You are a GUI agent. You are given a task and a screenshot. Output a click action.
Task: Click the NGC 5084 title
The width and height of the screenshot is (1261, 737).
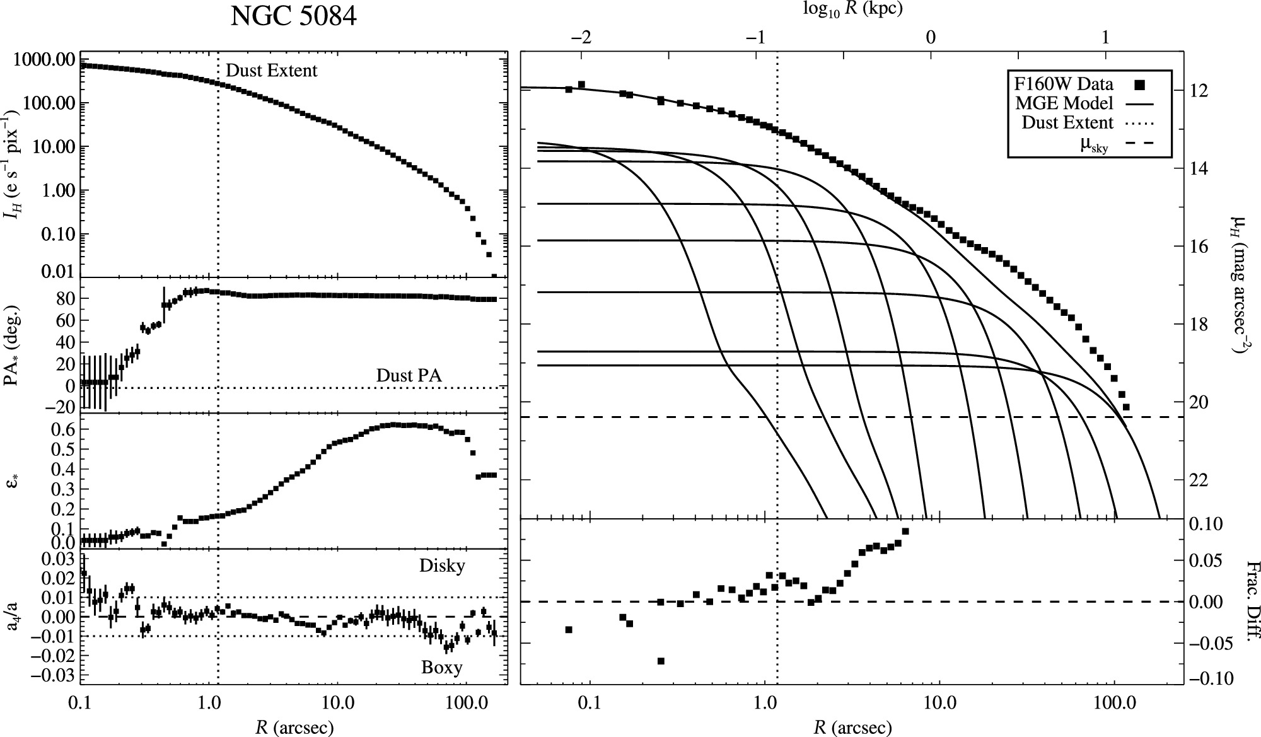coord(293,17)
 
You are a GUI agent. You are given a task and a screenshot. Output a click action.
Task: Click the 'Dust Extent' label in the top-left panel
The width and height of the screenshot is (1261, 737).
coord(272,71)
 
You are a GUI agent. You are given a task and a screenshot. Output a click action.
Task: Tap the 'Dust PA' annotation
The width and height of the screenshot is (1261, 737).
coord(409,376)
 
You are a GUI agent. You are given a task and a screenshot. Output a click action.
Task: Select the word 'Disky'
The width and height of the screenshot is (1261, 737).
coord(442,566)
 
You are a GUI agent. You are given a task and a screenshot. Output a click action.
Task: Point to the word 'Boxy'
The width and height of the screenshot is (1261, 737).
coord(442,668)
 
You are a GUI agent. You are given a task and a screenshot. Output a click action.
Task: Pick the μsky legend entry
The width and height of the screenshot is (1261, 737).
coord(1093,146)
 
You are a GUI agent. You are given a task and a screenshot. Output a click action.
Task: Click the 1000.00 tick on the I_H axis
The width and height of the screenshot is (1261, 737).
coord(44,60)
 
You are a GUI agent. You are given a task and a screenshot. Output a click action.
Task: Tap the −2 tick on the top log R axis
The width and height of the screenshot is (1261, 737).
coord(581,37)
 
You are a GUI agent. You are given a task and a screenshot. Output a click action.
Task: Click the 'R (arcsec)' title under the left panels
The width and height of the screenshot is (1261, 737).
coord(294,728)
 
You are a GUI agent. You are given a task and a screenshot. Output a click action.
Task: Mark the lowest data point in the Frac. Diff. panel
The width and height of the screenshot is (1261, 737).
coord(661,661)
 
